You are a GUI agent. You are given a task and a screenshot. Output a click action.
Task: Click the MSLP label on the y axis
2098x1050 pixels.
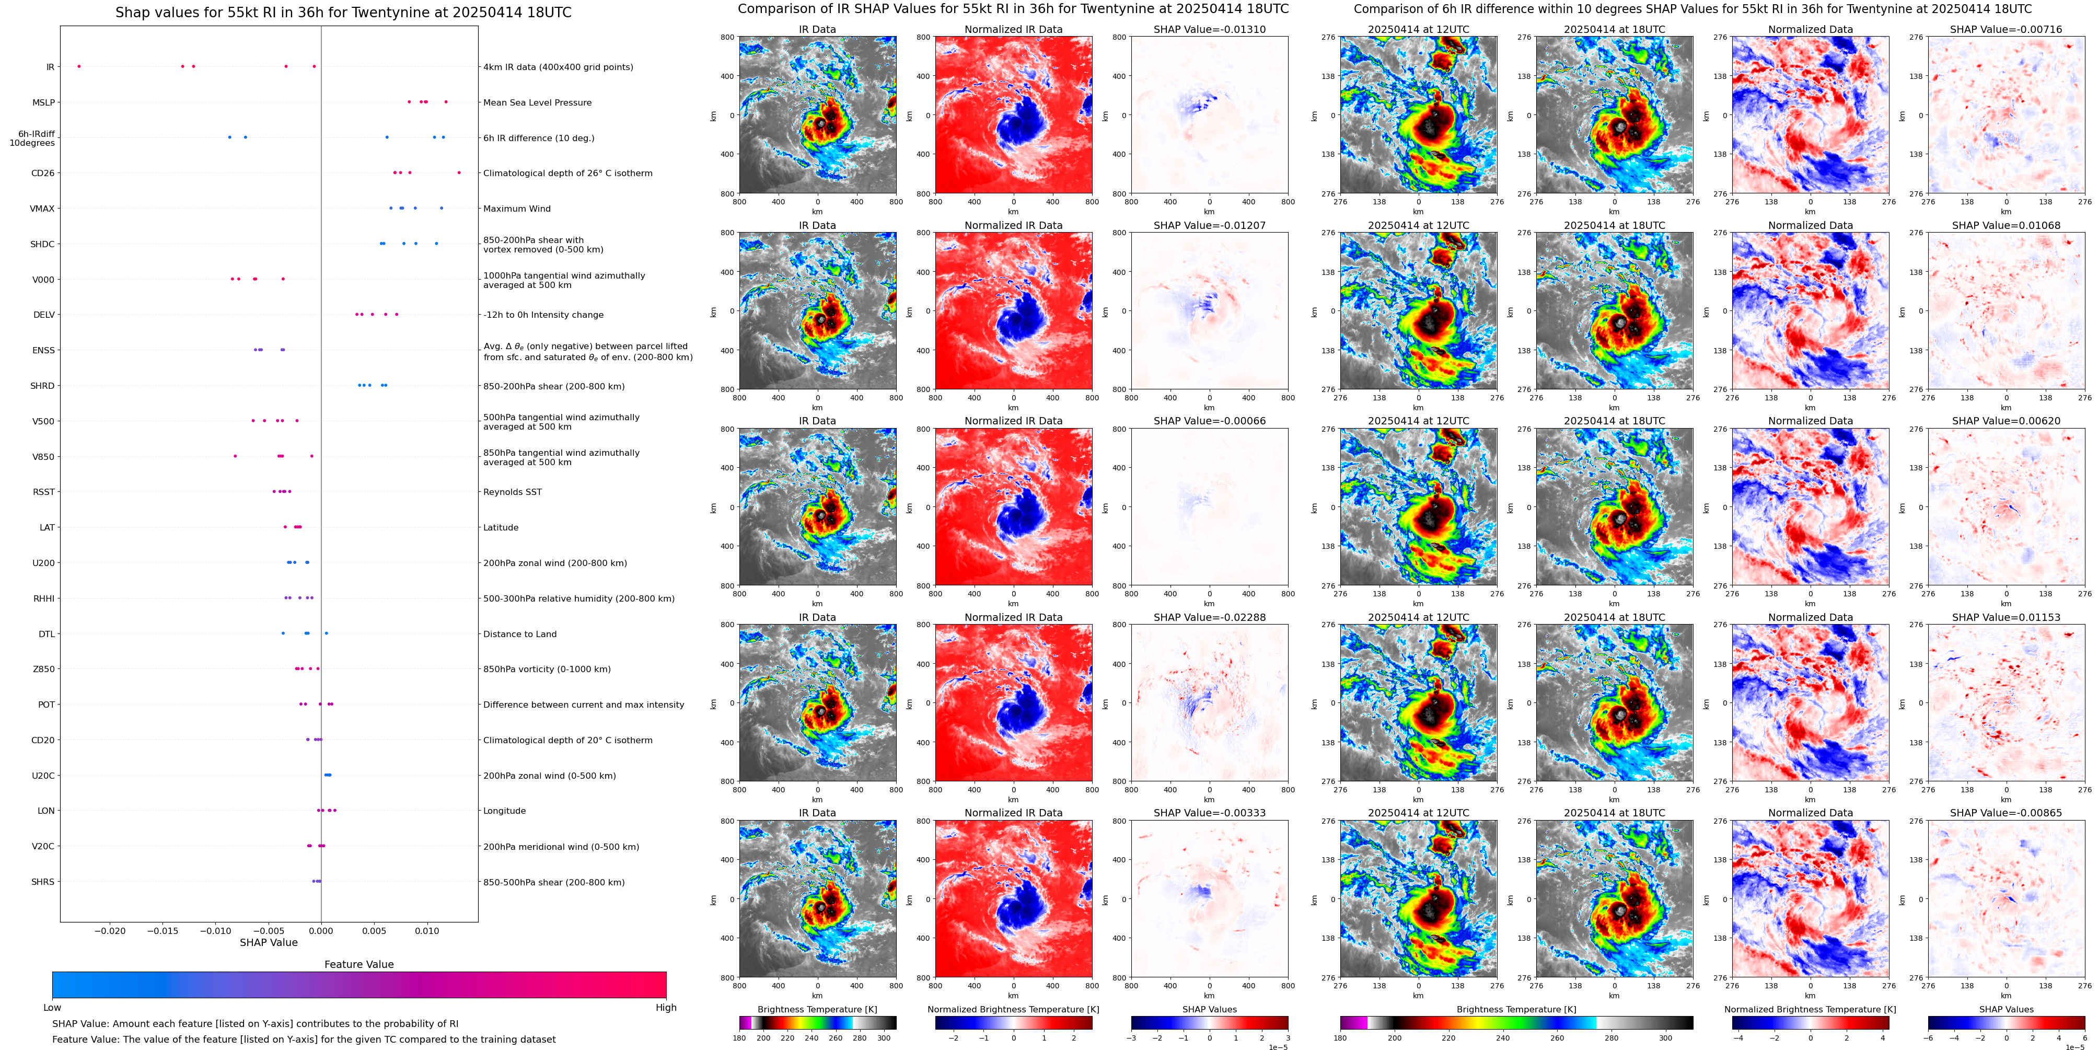point(43,102)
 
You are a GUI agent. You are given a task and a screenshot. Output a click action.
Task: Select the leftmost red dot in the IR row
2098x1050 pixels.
point(79,66)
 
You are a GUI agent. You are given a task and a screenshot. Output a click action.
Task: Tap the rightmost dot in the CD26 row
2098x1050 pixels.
point(459,172)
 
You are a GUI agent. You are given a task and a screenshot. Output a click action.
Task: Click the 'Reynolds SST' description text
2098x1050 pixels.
point(512,492)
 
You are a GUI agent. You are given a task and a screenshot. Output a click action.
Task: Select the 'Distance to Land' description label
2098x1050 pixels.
point(519,634)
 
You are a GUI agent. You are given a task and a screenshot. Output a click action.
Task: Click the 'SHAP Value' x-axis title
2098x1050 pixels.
point(269,942)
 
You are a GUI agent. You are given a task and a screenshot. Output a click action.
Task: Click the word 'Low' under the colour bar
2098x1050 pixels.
point(52,1008)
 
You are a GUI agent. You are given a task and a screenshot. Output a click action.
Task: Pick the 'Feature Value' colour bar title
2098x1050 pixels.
point(359,964)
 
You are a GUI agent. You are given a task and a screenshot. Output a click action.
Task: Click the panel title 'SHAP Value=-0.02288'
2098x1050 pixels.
point(1210,617)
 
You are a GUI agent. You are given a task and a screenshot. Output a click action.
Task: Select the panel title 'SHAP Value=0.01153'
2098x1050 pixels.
point(2006,617)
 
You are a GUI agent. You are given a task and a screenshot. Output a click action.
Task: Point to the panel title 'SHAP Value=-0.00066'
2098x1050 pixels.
point(1210,421)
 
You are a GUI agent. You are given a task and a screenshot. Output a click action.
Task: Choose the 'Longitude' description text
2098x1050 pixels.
point(504,811)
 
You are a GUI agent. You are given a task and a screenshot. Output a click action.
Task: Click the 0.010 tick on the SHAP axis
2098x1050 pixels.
point(427,930)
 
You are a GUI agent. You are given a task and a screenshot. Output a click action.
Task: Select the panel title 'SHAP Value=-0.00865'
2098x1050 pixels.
point(2006,813)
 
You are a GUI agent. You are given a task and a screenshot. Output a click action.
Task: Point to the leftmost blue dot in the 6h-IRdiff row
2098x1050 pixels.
point(230,137)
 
